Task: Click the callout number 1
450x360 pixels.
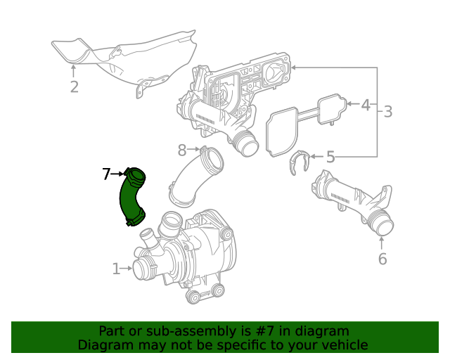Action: [116, 268]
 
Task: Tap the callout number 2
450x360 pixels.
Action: [74, 87]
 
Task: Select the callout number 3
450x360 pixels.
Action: [387, 111]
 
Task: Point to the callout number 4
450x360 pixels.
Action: [365, 105]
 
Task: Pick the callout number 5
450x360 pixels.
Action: [330, 157]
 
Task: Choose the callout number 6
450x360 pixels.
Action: [382, 259]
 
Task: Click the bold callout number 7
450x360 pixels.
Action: [106, 174]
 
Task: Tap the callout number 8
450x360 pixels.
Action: [181, 149]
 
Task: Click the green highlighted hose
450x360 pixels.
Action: [131, 199]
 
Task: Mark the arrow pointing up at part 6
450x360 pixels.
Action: [382, 243]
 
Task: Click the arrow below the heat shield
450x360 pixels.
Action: [74, 70]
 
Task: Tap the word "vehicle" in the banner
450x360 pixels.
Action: [343, 345]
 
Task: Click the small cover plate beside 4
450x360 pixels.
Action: [332, 108]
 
